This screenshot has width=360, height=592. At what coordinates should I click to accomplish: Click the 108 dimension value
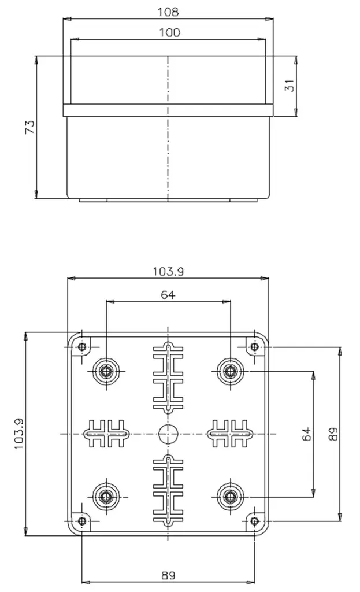pyautogui.click(x=168, y=11)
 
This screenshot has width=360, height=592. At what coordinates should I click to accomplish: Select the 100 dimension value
pyautogui.click(x=168, y=32)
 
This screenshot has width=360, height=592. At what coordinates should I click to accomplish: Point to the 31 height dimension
pyautogui.click(x=291, y=85)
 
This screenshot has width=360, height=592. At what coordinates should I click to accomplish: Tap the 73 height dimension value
pyautogui.click(x=30, y=127)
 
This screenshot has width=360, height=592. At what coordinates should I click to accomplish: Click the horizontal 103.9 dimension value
pyautogui.click(x=168, y=271)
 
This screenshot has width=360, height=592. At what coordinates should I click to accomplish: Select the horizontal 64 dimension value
pyautogui.click(x=168, y=294)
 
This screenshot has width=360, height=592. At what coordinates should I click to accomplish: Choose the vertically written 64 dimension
pyautogui.click(x=307, y=434)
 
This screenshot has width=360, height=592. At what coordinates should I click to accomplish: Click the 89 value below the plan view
pyautogui.click(x=168, y=575)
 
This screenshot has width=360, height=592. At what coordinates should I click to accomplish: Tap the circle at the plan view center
pyautogui.click(x=168, y=433)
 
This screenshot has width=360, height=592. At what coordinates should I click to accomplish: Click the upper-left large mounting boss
pyautogui.click(x=106, y=371)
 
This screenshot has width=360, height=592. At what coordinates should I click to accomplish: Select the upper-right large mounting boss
pyautogui.click(x=230, y=371)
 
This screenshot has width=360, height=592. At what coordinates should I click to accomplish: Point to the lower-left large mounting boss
pyautogui.click(x=106, y=496)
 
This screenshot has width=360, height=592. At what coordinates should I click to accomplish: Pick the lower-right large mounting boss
pyautogui.click(x=230, y=496)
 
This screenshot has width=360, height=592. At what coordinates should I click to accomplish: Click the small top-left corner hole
pyautogui.click(x=82, y=347)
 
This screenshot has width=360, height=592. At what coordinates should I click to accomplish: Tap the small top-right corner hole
pyautogui.click(x=254, y=347)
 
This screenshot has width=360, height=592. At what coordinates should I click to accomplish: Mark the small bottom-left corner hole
pyautogui.click(x=82, y=521)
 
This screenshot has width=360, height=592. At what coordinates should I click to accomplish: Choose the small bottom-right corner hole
pyautogui.click(x=254, y=521)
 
